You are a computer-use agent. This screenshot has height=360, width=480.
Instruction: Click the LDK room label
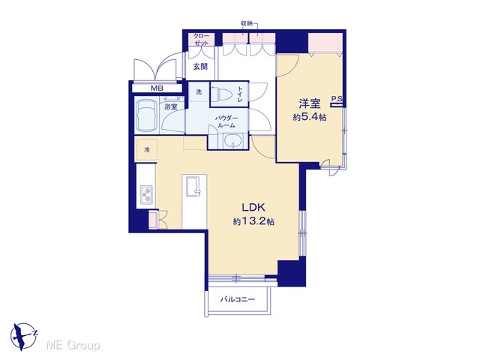(x=253, y=208)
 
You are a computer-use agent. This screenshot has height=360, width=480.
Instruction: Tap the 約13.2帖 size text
(x=253, y=222)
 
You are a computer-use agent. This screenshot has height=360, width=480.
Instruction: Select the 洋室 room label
(x=310, y=103)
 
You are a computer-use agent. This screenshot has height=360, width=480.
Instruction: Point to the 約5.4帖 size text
(x=310, y=117)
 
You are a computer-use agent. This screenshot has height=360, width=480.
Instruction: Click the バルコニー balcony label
(x=238, y=299)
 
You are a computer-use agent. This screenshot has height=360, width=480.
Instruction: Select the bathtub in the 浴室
(x=148, y=115)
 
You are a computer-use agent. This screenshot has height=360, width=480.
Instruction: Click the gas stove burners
(x=146, y=194)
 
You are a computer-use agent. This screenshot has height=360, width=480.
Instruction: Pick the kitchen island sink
(x=193, y=186)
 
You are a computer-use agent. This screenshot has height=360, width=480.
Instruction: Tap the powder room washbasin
(x=233, y=141)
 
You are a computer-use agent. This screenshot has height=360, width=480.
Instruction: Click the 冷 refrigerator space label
(x=147, y=150)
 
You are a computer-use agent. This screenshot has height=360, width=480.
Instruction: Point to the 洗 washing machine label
(x=199, y=91)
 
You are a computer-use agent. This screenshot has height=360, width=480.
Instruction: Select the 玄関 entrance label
(x=200, y=67)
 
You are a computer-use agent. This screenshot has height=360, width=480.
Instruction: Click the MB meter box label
(x=157, y=88)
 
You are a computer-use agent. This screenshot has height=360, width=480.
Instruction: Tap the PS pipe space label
(x=337, y=99)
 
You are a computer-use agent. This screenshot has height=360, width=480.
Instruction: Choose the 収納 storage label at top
(x=247, y=23)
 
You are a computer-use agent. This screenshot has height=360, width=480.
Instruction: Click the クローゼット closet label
(x=201, y=40)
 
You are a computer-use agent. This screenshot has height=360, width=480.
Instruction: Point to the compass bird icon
(x=23, y=337)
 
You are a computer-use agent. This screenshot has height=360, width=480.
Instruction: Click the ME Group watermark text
(x=73, y=346)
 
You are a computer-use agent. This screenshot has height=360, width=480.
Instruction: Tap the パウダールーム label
(x=226, y=121)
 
